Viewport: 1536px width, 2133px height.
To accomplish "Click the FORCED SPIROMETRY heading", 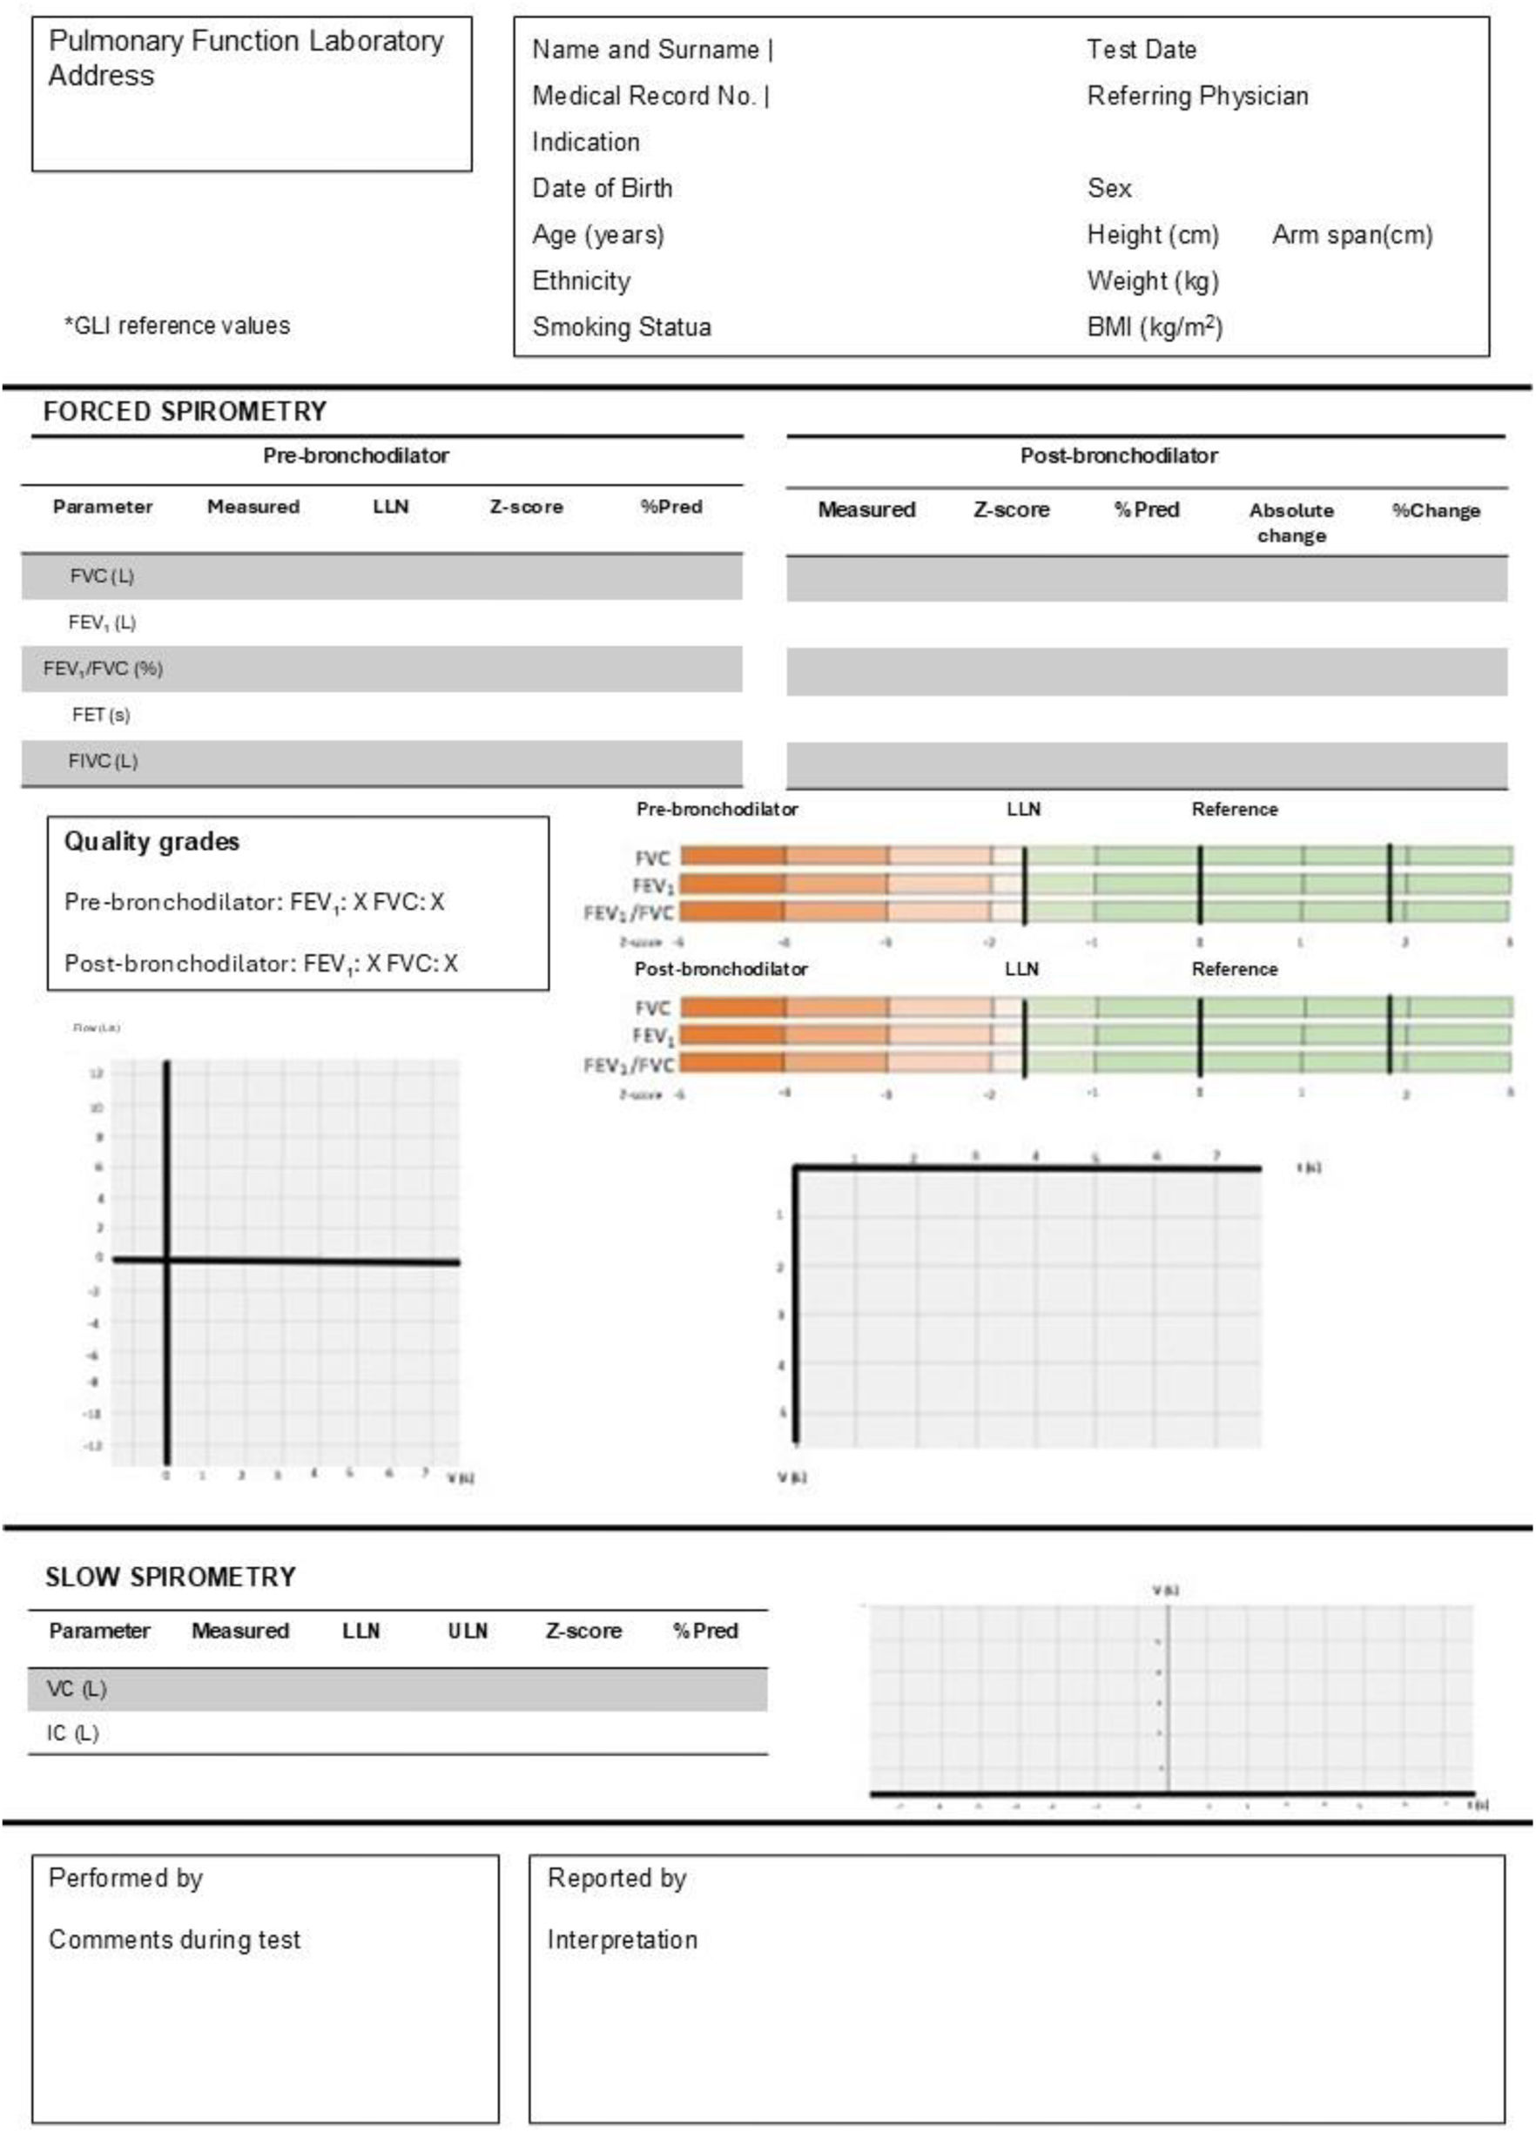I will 185,411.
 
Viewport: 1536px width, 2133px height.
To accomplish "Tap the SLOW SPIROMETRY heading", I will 171,1578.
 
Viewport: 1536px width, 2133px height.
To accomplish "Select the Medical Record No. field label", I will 645,96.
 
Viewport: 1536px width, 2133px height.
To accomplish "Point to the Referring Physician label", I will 1196,96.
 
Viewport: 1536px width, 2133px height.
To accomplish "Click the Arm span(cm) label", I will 1351,235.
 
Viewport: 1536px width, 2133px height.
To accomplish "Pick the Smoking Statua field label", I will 621,327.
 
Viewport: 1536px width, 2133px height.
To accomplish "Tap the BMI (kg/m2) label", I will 1154,327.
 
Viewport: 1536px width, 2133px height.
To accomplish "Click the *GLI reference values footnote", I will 177,326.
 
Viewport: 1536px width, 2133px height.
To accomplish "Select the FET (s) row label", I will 101,715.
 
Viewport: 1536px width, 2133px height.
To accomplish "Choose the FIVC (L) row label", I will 103,761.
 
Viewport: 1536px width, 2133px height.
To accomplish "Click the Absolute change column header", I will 1290,522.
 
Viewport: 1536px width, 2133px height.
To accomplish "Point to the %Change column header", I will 1435,511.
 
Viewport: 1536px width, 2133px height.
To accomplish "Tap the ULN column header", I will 468,1632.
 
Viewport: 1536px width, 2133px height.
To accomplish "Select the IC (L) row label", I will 72,1733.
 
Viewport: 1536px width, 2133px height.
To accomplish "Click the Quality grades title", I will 152,841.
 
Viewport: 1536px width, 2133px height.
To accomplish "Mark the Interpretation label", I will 622,1939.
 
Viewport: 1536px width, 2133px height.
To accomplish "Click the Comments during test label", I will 174,1939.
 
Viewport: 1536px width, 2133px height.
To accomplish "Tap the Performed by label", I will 125,1878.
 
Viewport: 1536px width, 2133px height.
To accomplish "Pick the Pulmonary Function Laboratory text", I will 246,42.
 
